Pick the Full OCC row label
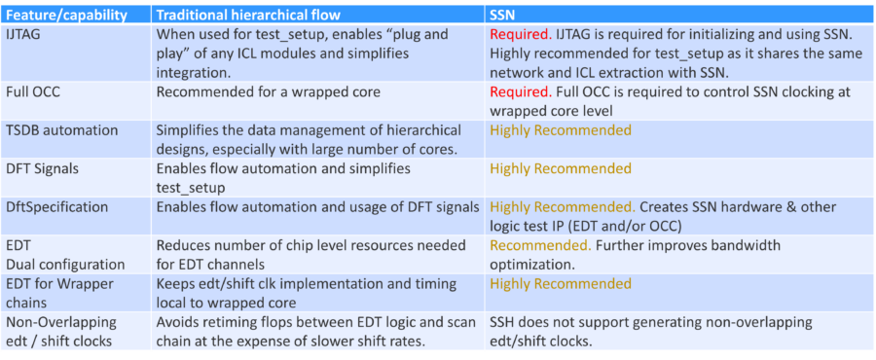coord(36,92)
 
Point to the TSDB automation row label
coord(62,130)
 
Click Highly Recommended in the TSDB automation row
coord(561,130)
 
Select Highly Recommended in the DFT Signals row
coord(561,169)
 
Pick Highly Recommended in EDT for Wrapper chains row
coord(561,284)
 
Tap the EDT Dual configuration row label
coord(64,255)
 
